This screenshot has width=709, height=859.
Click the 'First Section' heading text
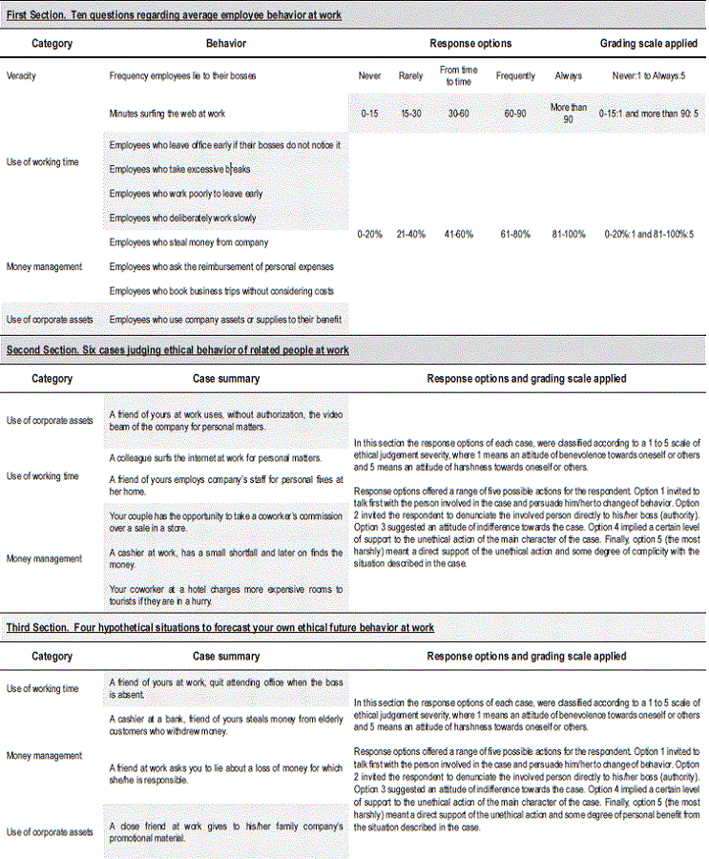point(174,16)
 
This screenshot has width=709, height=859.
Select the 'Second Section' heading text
point(177,350)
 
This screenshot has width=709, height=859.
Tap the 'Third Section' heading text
point(220,628)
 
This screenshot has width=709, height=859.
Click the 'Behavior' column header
point(225,44)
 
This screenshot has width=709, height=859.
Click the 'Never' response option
point(369,75)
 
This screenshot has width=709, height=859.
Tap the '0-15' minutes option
point(369,114)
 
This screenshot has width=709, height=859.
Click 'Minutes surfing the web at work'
point(167,114)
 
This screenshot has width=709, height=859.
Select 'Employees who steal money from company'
point(189,242)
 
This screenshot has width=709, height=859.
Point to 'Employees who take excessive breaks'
point(180,169)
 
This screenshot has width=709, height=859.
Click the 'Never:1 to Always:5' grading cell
point(646,75)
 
